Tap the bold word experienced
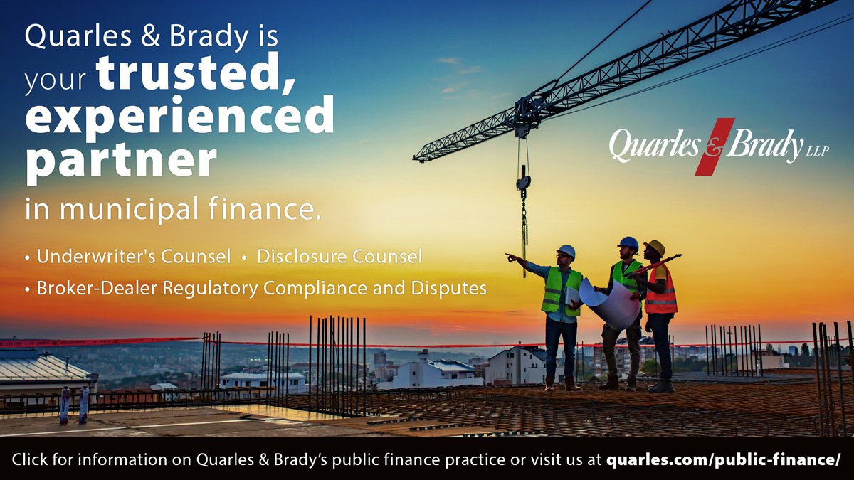[x=179, y=115]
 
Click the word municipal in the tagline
[x=130, y=209]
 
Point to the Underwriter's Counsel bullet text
[x=134, y=256]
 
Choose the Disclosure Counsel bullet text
[x=339, y=256]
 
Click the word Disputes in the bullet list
[x=449, y=289]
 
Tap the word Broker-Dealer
[x=97, y=288]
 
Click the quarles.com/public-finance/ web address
[x=723, y=459]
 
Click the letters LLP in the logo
[x=818, y=151]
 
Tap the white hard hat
[x=566, y=250]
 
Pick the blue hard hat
[x=628, y=243]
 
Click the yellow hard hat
[x=655, y=247]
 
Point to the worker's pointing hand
[x=511, y=257]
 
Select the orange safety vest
[x=660, y=292]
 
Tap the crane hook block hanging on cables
[x=524, y=181]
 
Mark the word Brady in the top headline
[x=209, y=37]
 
